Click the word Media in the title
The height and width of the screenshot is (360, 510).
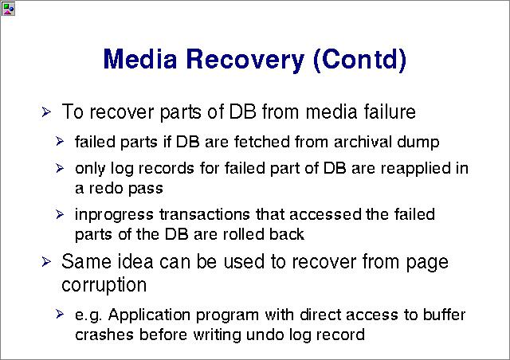pos(140,59)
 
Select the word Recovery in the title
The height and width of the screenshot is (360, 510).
pos(245,61)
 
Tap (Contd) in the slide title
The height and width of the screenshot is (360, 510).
pos(359,60)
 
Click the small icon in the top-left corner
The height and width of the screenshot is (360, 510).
pos(8,9)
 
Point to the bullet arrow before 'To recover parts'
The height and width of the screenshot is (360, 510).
pos(46,112)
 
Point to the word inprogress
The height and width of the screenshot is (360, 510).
pos(114,215)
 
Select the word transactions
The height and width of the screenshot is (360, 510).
pos(205,214)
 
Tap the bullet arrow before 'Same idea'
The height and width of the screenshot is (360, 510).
pos(46,262)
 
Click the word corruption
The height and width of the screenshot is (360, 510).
pos(104,285)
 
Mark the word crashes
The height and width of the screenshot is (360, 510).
pos(104,335)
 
